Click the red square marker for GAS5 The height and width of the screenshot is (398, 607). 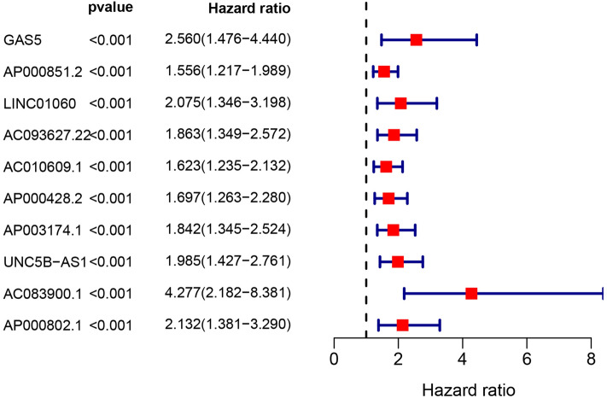[x=416, y=39]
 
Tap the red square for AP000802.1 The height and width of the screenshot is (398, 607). [x=402, y=325]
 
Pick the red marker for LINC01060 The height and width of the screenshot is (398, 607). [x=400, y=103]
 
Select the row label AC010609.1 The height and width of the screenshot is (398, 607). [x=41, y=167]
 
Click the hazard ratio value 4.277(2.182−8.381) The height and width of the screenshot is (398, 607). [x=229, y=293]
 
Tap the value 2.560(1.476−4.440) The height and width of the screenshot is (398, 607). [x=229, y=40]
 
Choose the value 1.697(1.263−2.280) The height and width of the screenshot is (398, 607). [x=229, y=198]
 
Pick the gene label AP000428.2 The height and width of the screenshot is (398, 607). [x=41, y=198]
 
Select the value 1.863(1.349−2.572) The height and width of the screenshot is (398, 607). [x=229, y=135]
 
